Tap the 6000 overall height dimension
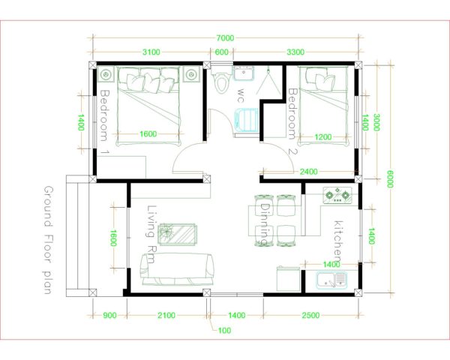390,178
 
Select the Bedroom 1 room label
104,121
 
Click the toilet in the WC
221,82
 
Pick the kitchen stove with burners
337,196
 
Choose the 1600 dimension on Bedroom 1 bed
148,133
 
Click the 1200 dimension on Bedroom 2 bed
323,138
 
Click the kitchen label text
338,241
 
